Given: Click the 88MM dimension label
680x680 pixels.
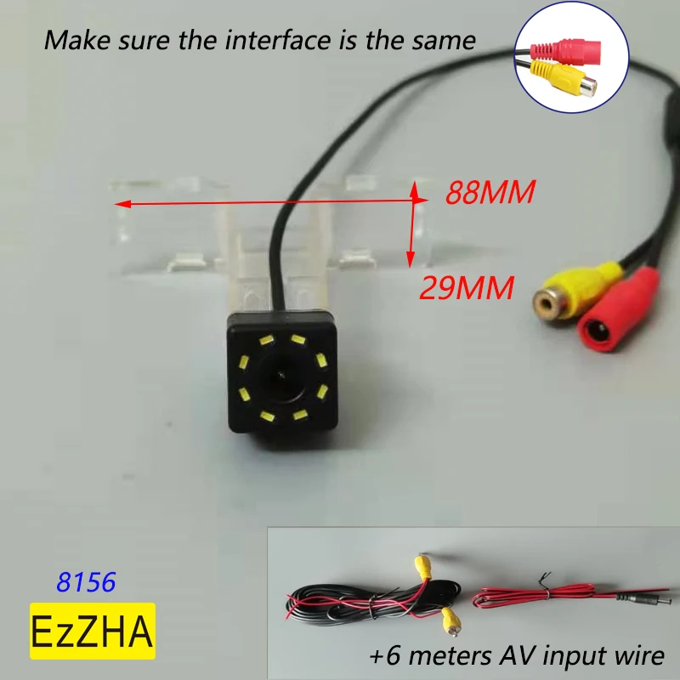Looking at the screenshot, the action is coord(490,194).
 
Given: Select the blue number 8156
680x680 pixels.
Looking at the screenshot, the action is coord(86,582).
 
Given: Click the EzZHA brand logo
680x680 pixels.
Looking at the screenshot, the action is coord(93,632).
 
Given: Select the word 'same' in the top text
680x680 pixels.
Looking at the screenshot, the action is coord(447,39).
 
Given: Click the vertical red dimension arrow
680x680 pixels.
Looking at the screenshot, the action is coord(412,224).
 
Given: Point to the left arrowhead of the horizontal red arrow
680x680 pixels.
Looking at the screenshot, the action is coord(120,204).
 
